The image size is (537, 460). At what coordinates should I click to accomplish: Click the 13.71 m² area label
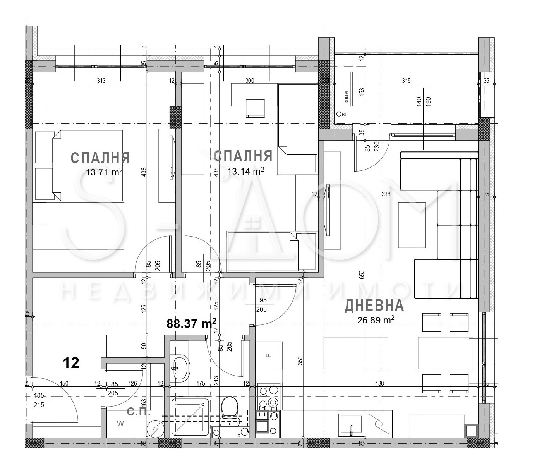104,172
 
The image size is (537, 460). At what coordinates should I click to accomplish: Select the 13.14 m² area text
246,171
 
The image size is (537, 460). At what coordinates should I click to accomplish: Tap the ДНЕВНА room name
374,306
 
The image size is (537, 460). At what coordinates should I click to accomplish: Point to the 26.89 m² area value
376,320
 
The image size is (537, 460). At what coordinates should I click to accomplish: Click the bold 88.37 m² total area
191,323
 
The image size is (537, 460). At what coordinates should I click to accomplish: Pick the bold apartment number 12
71,363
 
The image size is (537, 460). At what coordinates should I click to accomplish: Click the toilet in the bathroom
230,409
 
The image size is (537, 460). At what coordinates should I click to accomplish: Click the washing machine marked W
120,424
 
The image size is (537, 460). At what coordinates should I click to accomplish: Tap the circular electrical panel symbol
156,429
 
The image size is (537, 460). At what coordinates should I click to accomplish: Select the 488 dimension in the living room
379,383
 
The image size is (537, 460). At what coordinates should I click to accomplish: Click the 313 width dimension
101,81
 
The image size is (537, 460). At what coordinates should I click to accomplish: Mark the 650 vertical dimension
362,275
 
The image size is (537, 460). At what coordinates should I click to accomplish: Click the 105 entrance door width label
39,395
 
